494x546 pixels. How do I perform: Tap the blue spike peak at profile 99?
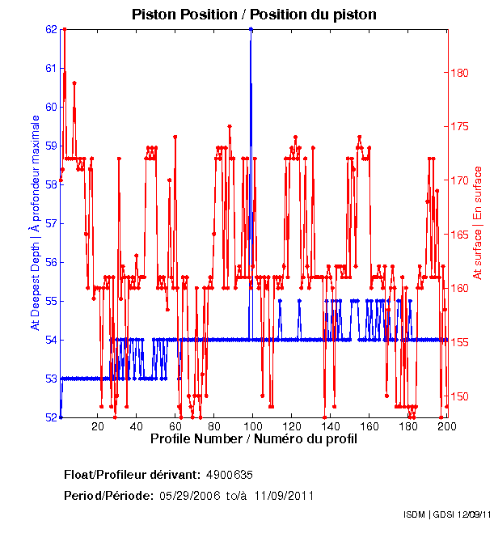pyautogui.click(x=251, y=29)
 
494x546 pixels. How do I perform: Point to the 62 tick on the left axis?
pyautogui.click(x=52, y=29)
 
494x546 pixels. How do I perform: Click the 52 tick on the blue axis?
pyautogui.click(x=52, y=417)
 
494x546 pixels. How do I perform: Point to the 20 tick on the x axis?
pyautogui.click(x=98, y=426)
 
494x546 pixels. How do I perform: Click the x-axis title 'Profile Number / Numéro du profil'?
pyautogui.click(x=253, y=440)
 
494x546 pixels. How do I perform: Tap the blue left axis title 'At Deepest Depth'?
pyautogui.click(x=35, y=222)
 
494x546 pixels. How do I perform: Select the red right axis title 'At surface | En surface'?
pyautogui.click(x=478, y=222)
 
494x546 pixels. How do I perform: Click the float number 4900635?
pyautogui.click(x=230, y=474)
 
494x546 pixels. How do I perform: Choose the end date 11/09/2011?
pyautogui.click(x=284, y=495)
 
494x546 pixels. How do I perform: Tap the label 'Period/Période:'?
pyautogui.click(x=108, y=495)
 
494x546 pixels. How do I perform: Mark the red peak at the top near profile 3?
pyautogui.click(x=64, y=29)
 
